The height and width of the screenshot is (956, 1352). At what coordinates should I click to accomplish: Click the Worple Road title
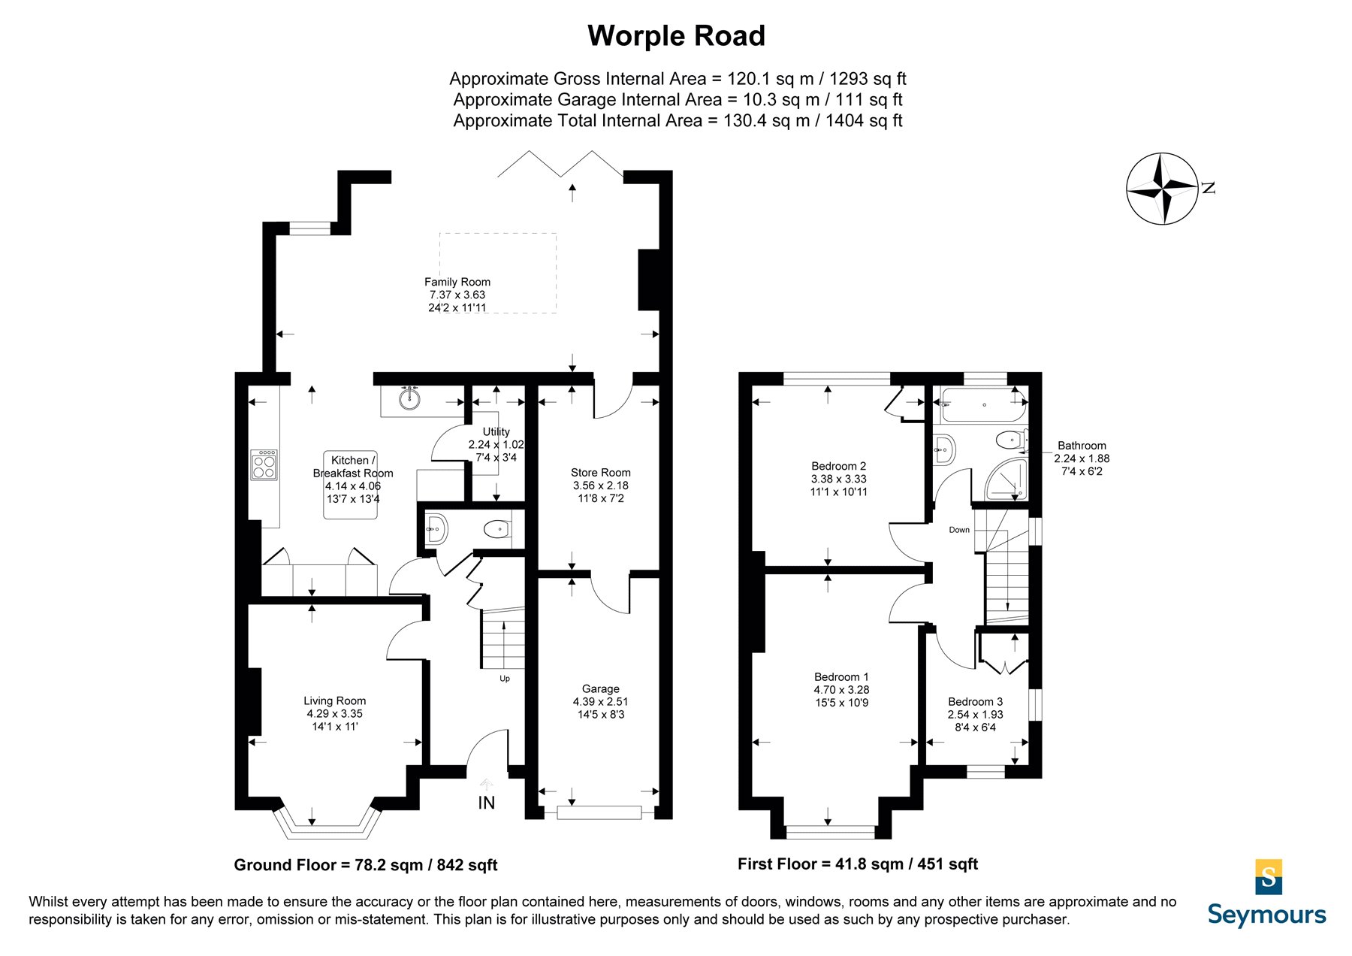click(676, 36)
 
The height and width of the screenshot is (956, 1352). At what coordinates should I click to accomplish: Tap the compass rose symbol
click(1162, 189)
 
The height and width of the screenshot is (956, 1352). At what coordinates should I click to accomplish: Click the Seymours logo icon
click(1269, 877)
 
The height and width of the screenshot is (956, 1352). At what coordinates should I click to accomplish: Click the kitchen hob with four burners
click(264, 465)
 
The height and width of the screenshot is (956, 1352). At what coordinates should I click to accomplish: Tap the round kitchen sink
click(409, 398)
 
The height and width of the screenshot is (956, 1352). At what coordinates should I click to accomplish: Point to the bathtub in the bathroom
click(983, 405)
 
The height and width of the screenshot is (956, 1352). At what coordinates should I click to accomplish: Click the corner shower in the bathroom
click(1006, 480)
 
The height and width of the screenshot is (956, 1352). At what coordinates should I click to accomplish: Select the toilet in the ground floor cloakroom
click(499, 530)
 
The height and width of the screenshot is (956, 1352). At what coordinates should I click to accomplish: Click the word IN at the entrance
click(487, 803)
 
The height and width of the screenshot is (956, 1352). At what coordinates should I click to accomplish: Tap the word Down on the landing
click(959, 530)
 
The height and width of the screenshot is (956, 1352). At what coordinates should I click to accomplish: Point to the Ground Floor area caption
click(366, 865)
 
